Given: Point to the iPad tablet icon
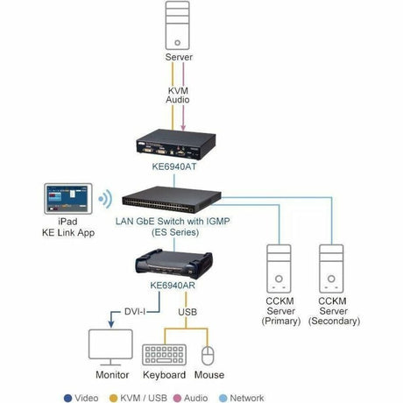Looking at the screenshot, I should pos(67,198).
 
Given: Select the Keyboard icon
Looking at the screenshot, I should pos(167,354).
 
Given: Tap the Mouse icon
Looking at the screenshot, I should pos(208,354).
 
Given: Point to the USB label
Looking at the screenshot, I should pos(188,311).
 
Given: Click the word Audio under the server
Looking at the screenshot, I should pos(179,101).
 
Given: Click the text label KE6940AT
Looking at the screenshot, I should pos(179,164).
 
